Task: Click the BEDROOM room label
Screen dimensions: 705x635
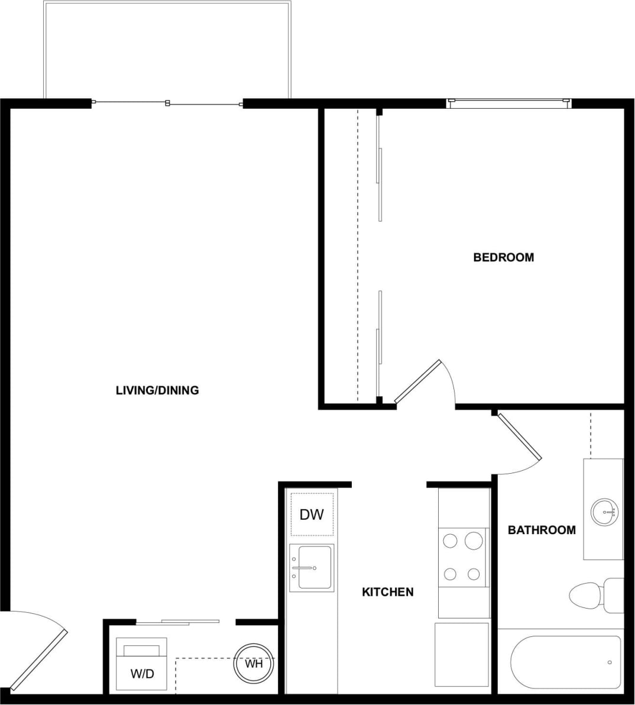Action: [503, 257]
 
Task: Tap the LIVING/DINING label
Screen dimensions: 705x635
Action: [157, 390]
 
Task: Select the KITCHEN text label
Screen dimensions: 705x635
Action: [387, 591]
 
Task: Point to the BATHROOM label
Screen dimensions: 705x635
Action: [542, 530]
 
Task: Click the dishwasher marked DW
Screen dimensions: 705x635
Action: [312, 515]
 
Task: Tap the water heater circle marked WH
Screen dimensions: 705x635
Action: [254, 664]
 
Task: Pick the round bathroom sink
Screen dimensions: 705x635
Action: [604, 511]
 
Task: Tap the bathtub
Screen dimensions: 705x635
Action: [565, 662]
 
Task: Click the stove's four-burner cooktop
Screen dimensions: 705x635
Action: [463, 557]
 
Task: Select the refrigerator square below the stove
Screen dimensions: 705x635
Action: [462, 653]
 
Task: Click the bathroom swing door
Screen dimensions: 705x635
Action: [520, 436]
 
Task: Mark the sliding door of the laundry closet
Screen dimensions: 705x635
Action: [177, 622]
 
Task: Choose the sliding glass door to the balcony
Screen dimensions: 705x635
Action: [168, 104]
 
